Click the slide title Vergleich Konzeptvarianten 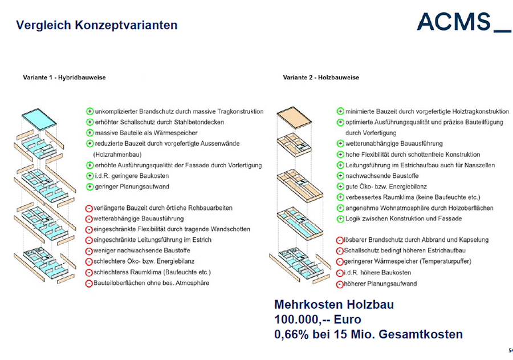[96, 25]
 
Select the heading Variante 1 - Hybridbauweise [64, 77]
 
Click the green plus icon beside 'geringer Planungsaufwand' [89, 187]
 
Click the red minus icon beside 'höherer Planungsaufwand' [340, 284]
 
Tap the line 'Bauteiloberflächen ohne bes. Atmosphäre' [152, 283]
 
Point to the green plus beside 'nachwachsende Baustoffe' [340, 176]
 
